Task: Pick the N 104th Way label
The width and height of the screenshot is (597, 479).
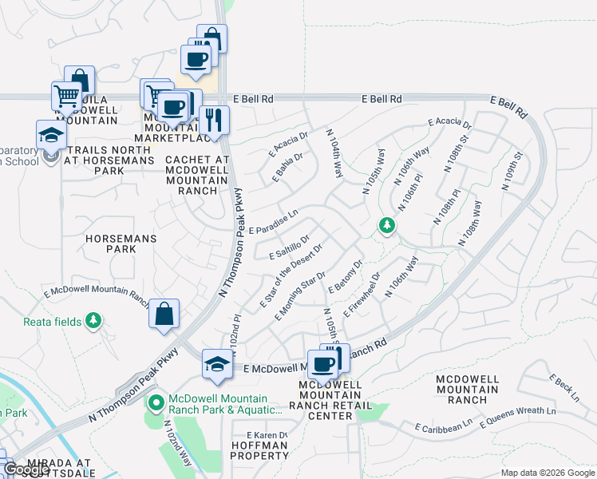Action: pyautogui.click(x=335, y=152)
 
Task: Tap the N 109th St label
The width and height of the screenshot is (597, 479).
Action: pyautogui.click(x=512, y=170)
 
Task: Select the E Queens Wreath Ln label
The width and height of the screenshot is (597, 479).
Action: pyautogui.click(x=519, y=411)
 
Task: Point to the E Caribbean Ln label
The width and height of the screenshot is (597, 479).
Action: pyautogui.click(x=444, y=429)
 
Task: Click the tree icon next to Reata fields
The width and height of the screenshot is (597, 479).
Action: pyautogui.click(x=94, y=321)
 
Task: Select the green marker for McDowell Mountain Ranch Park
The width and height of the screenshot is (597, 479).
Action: pyautogui.click(x=155, y=401)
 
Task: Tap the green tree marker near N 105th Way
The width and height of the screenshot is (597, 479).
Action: pyautogui.click(x=387, y=226)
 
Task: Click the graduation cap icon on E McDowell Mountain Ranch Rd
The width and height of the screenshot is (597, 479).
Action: pyautogui.click(x=217, y=364)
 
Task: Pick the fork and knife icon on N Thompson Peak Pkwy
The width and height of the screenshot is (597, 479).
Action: pyautogui.click(x=214, y=120)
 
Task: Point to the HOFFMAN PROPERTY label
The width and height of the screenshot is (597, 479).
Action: pyautogui.click(x=259, y=449)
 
